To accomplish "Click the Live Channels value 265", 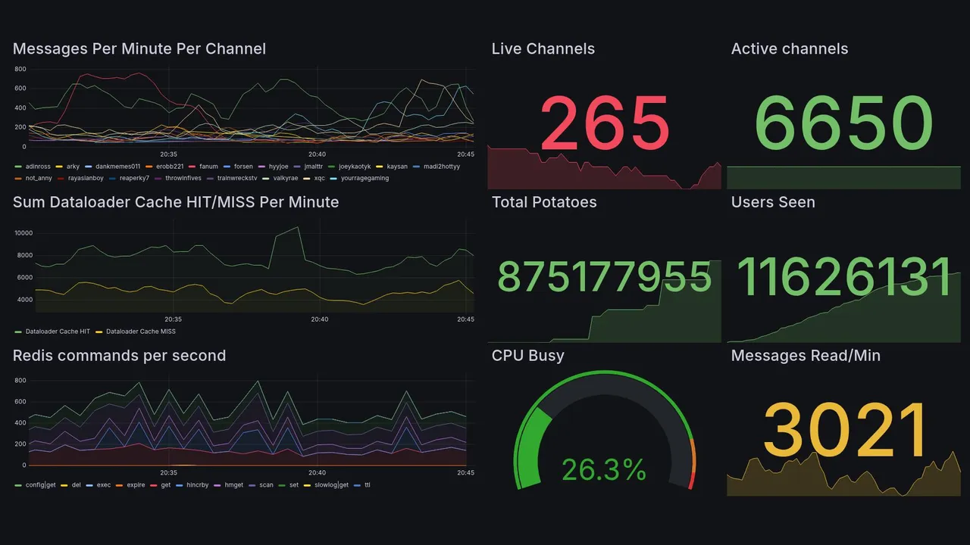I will [x=605, y=123].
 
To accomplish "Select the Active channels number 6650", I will [x=843, y=123].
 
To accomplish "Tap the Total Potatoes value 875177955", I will [x=604, y=277].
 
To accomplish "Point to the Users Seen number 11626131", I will [x=843, y=277].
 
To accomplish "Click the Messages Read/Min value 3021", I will [x=844, y=431].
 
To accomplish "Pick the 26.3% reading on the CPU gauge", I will [x=604, y=470].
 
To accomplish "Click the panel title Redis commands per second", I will [x=119, y=356].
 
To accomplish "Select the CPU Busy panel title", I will [x=527, y=356].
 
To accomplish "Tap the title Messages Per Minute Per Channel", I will [x=139, y=49].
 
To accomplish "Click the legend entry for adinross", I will [x=38, y=167].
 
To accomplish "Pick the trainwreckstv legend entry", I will [x=237, y=178].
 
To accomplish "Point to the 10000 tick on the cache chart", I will [x=23, y=233].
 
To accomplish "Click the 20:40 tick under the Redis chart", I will [x=317, y=473].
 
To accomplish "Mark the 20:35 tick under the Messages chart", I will [x=168, y=154].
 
